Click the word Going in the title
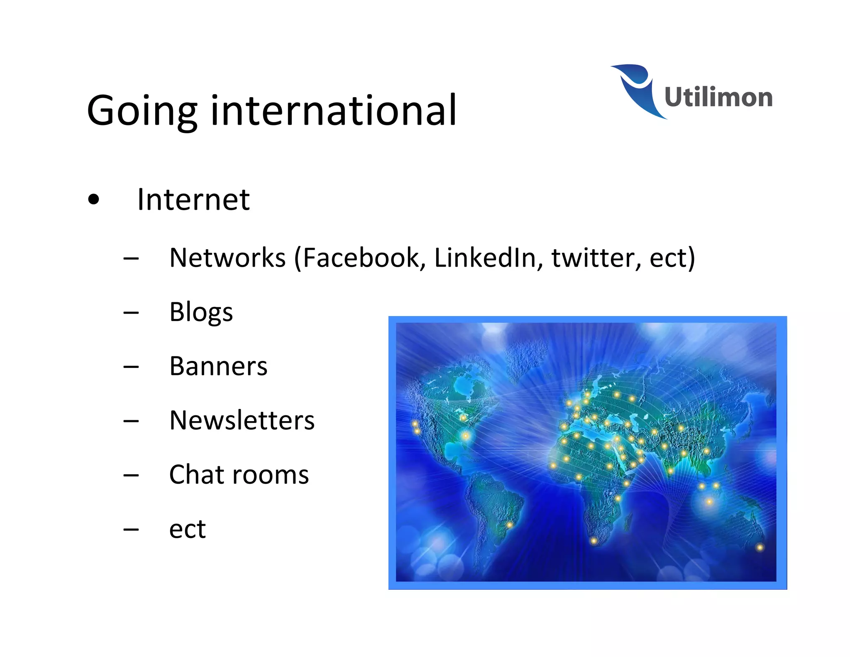point(142,110)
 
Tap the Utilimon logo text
point(718,97)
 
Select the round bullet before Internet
point(94,200)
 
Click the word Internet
point(193,200)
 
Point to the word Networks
point(227,258)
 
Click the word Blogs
point(201,312)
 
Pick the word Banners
point(218,366)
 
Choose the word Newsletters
point(242,420)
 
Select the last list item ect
point(187,529)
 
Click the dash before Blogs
point(131,312)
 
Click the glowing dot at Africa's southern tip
point(594,541)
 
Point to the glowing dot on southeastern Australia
point(760,547)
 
